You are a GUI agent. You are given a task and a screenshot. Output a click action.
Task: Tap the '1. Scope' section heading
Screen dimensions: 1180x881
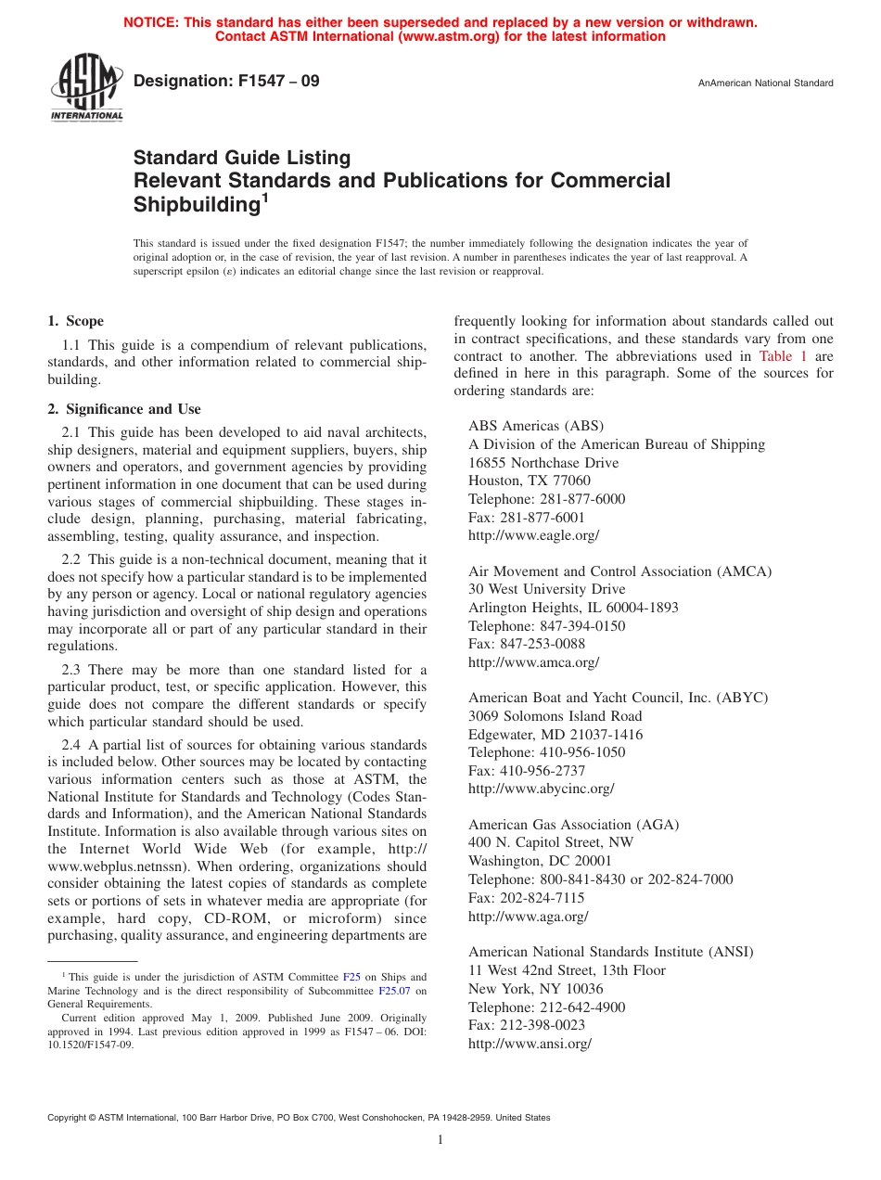tap(75, 321)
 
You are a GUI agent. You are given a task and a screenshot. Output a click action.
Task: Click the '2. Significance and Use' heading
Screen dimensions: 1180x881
tap(123, 409)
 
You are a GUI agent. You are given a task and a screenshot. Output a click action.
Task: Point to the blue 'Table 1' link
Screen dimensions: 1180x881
tap(783, 356)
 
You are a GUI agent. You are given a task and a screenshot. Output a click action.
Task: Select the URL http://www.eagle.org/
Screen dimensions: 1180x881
tap(533, 535)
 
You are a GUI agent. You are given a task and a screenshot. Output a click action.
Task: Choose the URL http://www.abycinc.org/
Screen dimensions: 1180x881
tap(541, 789)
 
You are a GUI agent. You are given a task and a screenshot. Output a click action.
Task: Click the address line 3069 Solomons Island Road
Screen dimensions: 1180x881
tap(555, 716)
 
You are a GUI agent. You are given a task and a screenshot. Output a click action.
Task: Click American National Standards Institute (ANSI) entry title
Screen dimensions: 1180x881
tap(610, 952)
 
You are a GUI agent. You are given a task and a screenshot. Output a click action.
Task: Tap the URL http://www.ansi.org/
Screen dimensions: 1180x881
tap(530, 1044)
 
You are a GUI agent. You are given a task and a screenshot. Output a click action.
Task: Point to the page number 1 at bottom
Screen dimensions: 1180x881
tap(440, 1140)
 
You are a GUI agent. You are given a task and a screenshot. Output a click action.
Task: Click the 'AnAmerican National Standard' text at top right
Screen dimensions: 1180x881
tap(765, 83)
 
